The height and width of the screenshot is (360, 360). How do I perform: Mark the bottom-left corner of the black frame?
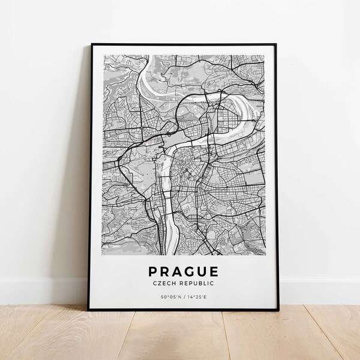(x=89, y=309)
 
